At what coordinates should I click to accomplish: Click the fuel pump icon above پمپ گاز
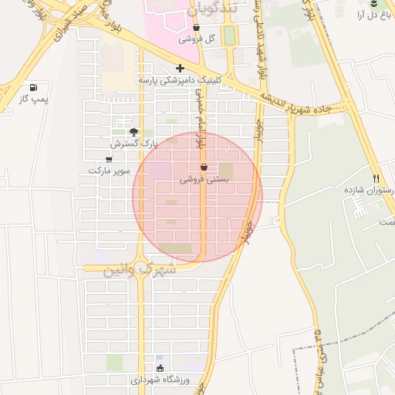tap(33, 88)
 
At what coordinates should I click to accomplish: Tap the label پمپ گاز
tap(33, 100)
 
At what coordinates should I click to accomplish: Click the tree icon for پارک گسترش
tap(133, 132)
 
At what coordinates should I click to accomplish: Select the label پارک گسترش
tap(133, 143)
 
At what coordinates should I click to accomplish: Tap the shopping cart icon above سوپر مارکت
tap(108, 159)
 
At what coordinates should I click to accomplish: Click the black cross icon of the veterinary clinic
tap(180, 68)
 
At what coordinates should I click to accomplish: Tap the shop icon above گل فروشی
tap(196, 27)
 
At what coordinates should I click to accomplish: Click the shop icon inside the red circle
tap(204, 167)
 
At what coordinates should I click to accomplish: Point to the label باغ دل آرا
tap(373, 15)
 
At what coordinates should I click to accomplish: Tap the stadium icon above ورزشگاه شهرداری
tap(160, 368)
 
